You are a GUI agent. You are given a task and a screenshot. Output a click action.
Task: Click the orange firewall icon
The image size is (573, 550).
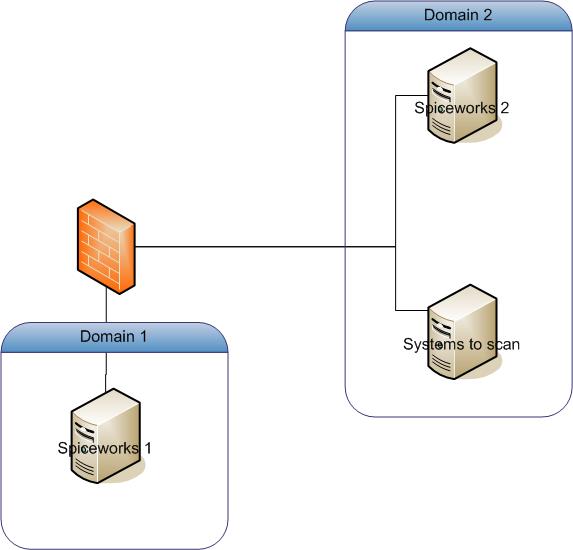(x=105, y=247)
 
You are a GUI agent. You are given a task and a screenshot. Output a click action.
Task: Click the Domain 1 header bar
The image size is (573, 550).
(x=114, y=337)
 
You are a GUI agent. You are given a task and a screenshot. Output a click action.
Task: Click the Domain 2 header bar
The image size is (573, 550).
(x=458, y=16)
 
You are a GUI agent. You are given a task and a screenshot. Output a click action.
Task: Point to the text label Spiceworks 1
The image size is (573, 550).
(x=105, y=447)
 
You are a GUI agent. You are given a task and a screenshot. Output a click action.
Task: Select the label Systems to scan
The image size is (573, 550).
(x=461, y=344)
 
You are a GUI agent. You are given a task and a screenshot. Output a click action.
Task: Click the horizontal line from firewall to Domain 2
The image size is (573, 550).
(x=265, y=247)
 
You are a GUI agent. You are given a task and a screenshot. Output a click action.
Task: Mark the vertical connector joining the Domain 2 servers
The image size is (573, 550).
(x=396, y=200)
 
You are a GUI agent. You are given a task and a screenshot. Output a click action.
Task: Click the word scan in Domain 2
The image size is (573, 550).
(x=503, y=344)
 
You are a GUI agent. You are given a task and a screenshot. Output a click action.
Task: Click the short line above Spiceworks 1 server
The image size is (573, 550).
(x=106, y=375)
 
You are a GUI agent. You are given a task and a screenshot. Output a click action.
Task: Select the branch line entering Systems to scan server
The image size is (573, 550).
(x=411, y=307)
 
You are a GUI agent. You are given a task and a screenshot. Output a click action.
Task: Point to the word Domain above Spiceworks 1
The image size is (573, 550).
(x=106, y=336)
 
